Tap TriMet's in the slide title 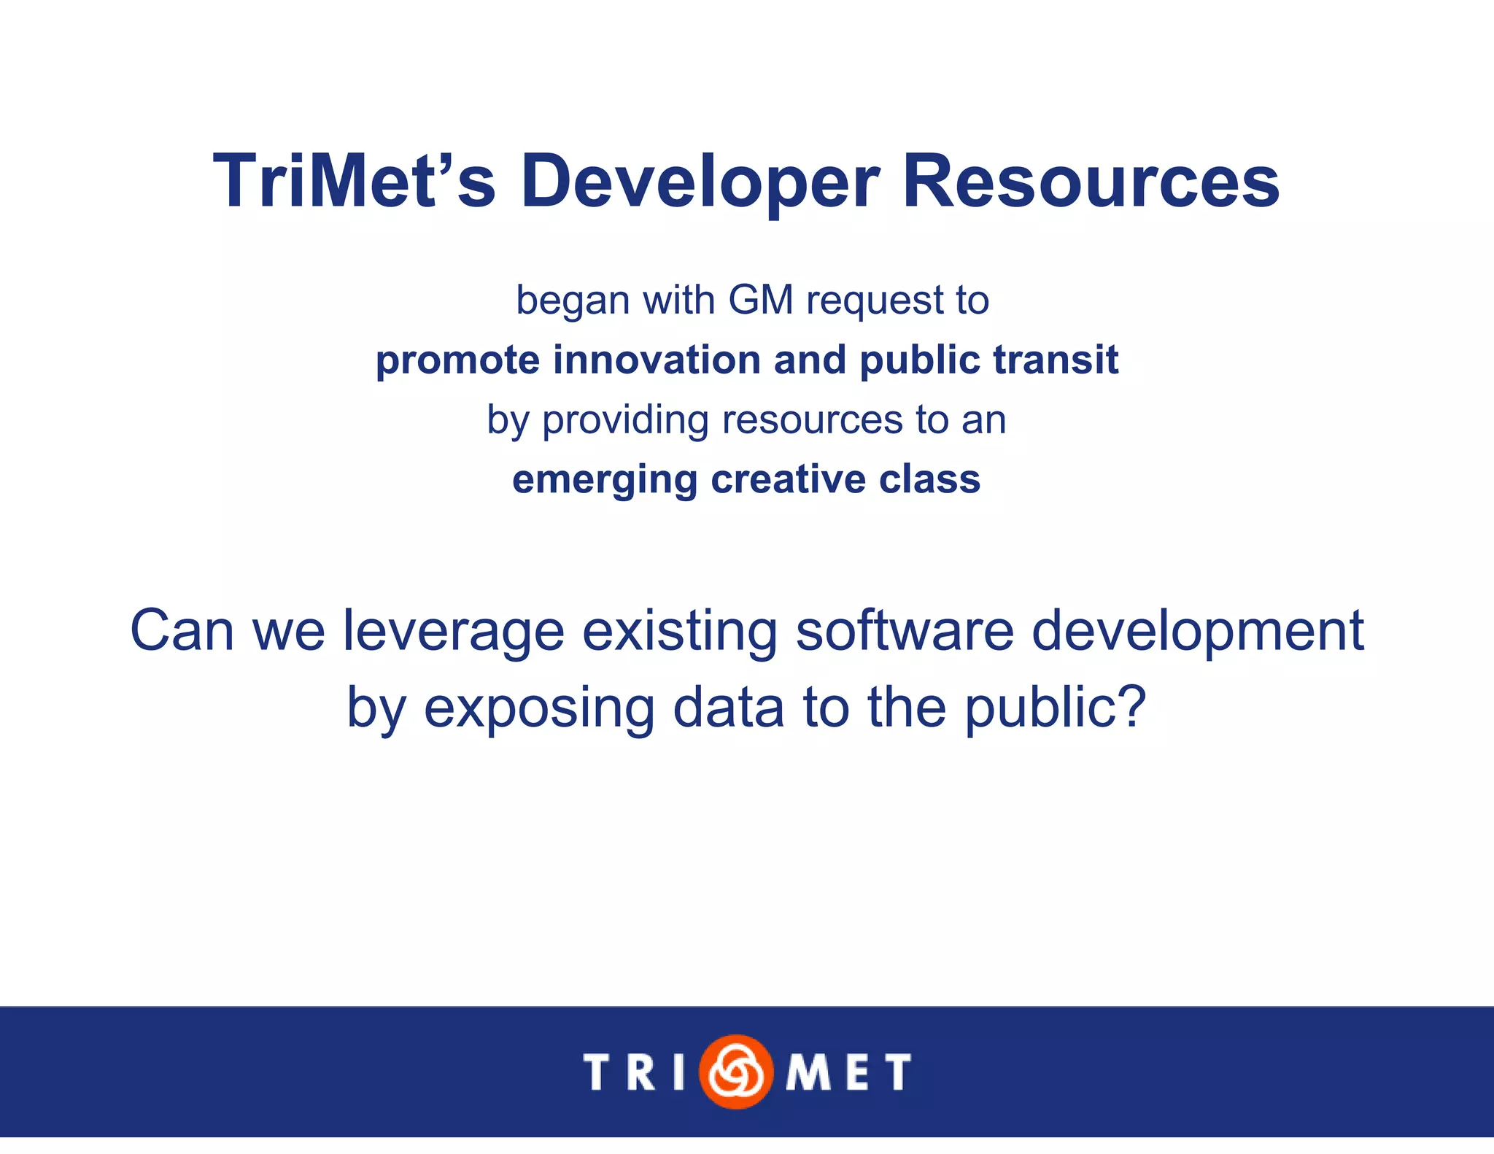point(355,182)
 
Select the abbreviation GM point(760,300)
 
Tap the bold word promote point(457,361)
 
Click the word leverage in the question point(453,632)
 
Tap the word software point(904,630)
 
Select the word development point(1197,632)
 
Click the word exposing point(539,708)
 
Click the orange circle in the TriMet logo point(735,1071)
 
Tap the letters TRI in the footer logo point(634,1072)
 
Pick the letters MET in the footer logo point(848,1072)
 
